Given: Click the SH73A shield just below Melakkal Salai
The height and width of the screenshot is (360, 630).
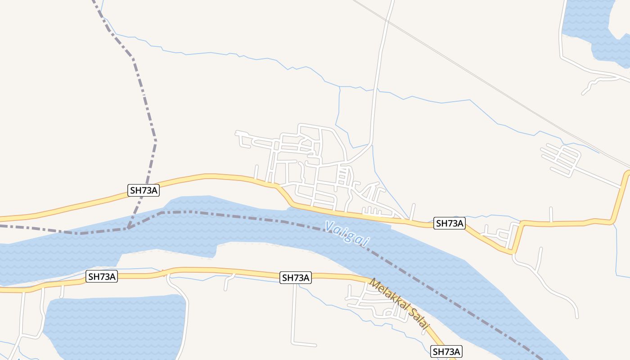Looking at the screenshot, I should [x=446, y=351].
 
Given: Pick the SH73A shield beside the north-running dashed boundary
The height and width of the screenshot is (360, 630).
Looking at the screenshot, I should [x=144, y=190].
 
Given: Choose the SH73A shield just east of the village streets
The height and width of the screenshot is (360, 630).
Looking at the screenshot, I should [x=449, y=223].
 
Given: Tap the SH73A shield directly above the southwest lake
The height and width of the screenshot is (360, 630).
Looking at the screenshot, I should [x=102, y=276].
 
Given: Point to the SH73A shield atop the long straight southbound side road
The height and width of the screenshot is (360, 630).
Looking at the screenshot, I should [x=295, y=278].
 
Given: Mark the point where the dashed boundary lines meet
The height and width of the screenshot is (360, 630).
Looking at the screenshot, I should [x=128, y=228].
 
